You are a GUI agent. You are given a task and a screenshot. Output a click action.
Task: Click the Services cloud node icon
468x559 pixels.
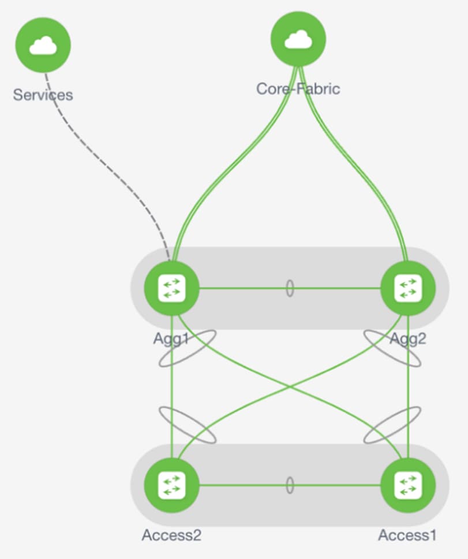43,44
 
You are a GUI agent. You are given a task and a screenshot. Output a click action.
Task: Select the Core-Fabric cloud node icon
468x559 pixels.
298,39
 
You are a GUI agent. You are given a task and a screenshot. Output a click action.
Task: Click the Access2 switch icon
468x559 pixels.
171,485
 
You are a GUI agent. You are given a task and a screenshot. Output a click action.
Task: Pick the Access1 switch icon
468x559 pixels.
408,485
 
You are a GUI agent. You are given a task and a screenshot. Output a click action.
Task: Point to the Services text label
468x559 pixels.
43,95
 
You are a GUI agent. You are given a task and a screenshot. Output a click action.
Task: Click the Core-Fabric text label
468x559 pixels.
298,88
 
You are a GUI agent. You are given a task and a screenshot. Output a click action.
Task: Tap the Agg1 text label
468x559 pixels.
171,338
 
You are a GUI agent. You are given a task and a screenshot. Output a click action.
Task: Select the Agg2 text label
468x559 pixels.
408,338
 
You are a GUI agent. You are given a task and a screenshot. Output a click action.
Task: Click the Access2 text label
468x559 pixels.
171,535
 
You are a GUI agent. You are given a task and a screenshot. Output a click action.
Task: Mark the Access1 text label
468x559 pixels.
407,535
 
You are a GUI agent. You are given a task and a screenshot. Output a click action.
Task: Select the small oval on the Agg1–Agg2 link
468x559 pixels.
290,288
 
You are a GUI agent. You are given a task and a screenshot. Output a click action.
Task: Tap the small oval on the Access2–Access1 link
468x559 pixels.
290,485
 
